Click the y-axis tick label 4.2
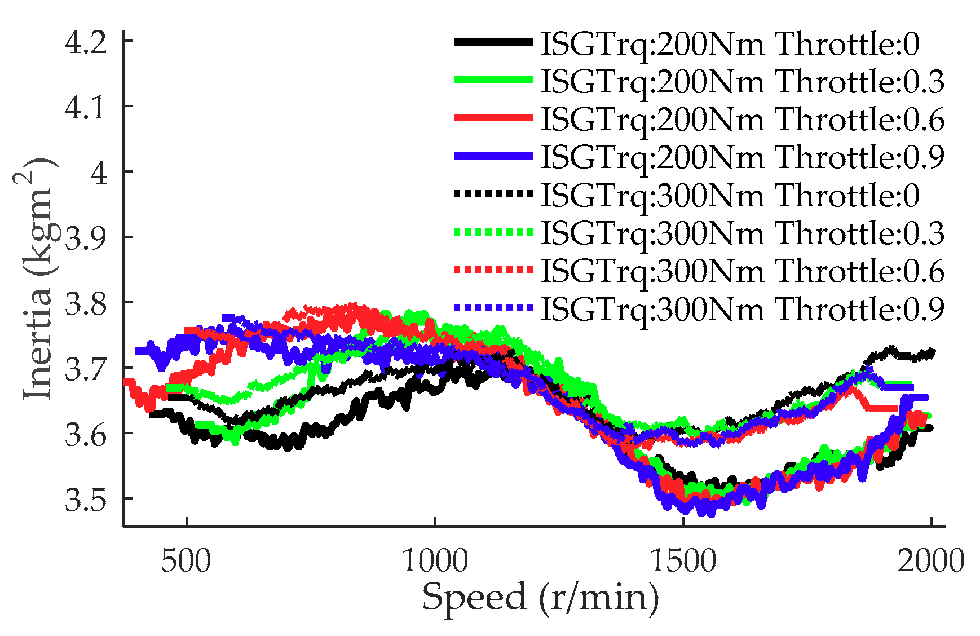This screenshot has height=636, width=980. click(86, 43)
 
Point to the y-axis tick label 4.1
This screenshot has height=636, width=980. click(86, 107)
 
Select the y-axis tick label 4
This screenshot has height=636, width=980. click(99, 173)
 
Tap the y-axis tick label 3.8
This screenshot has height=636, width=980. click(86, 304)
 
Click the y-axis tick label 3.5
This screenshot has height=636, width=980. click(86, 500)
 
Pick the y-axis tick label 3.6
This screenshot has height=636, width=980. click(86, 435)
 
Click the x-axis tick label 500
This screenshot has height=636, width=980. click(186, 561)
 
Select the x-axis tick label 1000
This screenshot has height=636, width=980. click(435, 561)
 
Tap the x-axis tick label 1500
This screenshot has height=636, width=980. click(683, 561)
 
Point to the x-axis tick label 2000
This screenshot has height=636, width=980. click(931, 561)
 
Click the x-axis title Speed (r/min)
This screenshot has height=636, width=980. click(540, 598)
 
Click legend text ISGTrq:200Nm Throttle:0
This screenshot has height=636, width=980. click(730, 44)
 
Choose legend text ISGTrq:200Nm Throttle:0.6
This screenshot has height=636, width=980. click(742, 120)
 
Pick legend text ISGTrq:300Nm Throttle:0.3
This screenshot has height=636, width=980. click(742, 233)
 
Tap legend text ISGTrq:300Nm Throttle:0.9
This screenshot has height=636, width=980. click(742, 309)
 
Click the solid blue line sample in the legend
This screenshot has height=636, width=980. click(493, 156)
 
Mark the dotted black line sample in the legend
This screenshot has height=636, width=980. click(493, 194)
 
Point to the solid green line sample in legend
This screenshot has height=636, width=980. click(493, 80)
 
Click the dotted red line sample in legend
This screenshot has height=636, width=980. click(493, 270)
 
